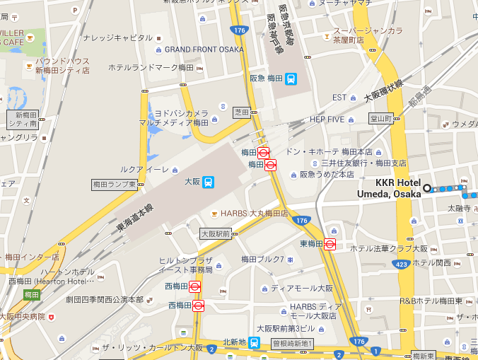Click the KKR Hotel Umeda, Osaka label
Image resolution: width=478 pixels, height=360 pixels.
tap(398, 189)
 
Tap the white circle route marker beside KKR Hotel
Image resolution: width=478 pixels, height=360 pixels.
tap(427, 189)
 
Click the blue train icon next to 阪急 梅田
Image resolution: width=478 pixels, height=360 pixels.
tap(291, 79)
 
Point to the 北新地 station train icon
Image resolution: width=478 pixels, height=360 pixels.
tap(253, 342)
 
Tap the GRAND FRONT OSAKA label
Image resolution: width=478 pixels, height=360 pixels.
tap(204, 50)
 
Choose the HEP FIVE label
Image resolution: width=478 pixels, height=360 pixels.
tap(326, 119)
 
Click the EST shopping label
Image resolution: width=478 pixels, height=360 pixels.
tap(339, 97)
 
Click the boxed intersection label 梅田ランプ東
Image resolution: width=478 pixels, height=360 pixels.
tap(116, 184)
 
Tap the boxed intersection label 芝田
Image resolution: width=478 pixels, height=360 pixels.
tap(242, 112)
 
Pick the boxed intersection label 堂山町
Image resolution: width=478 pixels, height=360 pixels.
tap(381, 119)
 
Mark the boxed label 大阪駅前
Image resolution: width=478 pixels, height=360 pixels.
tap(216, 233)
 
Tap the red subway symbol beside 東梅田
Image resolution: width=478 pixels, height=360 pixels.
tap(329, 244)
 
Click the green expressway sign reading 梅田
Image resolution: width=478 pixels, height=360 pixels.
tap(31, 294)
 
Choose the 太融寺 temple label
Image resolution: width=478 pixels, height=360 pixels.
tap(459, 208)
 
